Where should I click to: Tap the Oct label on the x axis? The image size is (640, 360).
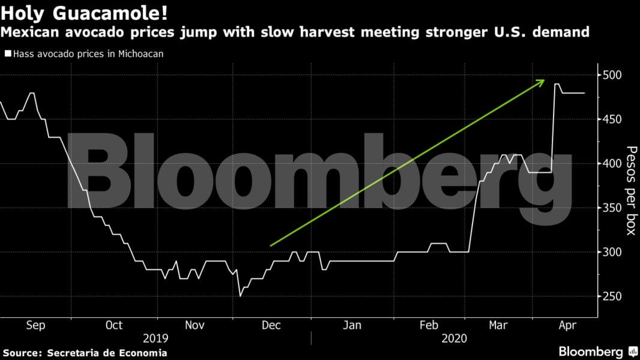(113, 325)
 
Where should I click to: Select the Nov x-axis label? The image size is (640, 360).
(193, 325)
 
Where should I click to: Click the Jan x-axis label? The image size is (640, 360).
(351, 325)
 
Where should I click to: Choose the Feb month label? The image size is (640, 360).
(429, 325)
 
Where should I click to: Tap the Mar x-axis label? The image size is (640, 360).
(498, 325)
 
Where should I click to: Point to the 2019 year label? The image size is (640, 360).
(155, 338)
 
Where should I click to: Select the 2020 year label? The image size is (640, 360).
(453, 338)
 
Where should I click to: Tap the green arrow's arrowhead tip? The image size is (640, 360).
(545, 80)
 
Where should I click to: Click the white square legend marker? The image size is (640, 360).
(7, 53)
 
